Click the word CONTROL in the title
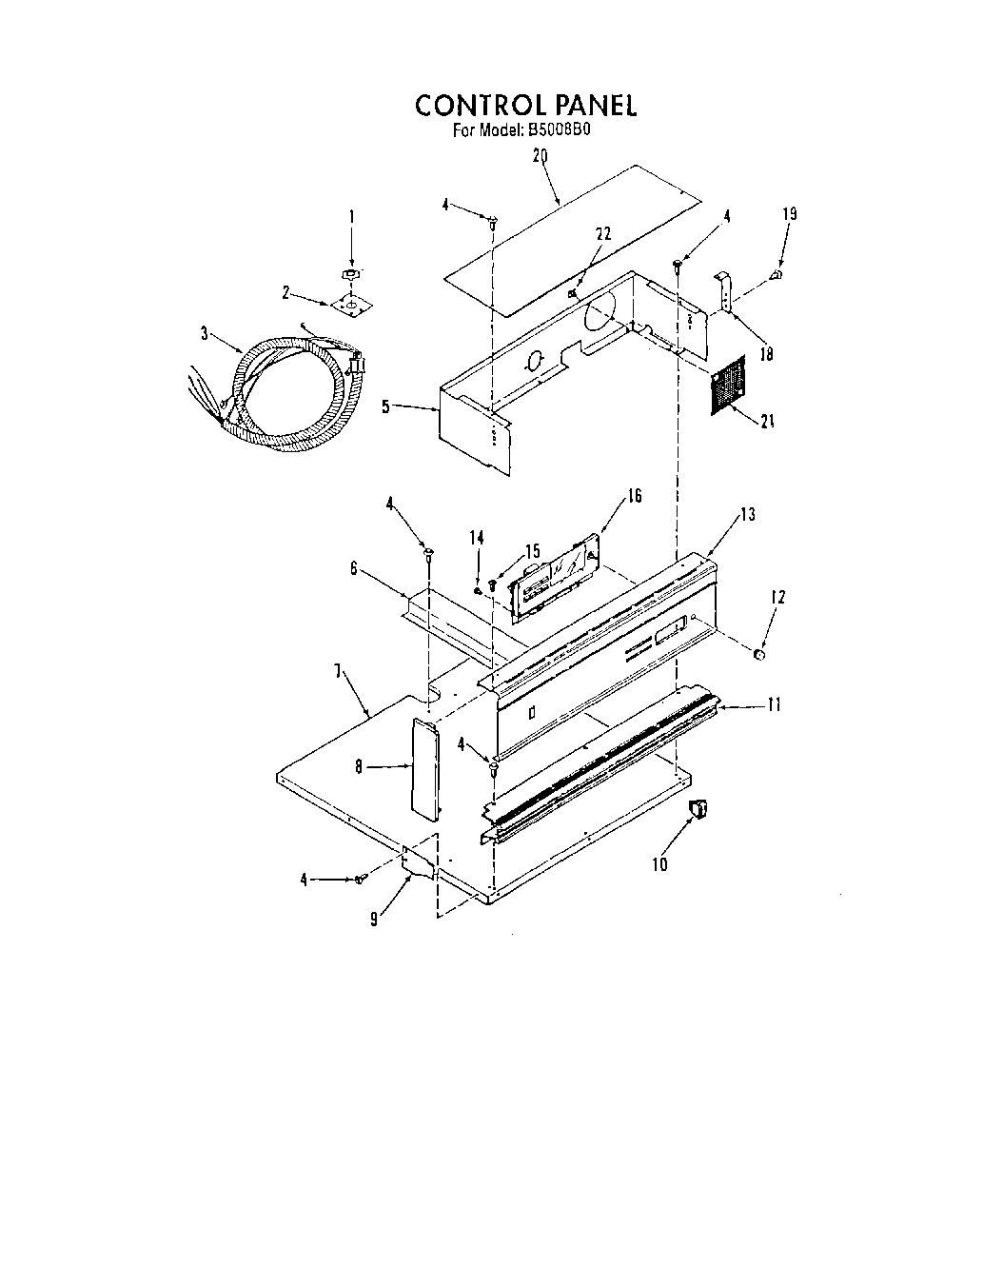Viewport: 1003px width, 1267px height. pos(473,105)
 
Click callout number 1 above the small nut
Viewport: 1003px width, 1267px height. pos(351,217)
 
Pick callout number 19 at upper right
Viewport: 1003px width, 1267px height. pos(789,214)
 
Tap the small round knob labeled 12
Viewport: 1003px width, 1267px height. pos(759,654)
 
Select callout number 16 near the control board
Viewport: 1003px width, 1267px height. pos(635,496)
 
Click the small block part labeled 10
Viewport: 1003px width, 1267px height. pos(699,809)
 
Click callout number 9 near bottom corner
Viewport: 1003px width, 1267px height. pos(375,919)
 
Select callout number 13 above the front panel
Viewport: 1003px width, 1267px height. pos(747,515)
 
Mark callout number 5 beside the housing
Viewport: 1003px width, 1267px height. pos(385,406)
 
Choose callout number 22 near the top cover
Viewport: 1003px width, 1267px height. pos(602,233)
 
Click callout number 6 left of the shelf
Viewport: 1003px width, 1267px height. pos(354,568)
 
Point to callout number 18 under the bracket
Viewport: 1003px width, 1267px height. pos(767,354)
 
